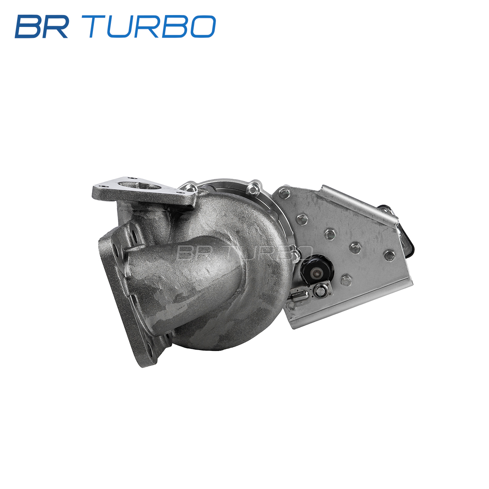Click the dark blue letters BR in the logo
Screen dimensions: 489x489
click(42, 26)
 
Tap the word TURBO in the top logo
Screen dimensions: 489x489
click(152, 26)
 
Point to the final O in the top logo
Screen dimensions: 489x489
click(203, 26)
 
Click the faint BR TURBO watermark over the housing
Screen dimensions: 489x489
click(244, 253)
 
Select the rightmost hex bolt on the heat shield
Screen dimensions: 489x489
click(389, 255)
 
